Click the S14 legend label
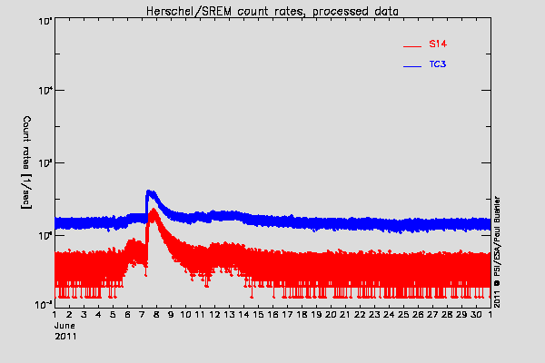tap(437, 44)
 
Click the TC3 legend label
tap(437, 65)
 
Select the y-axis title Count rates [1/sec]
tap(28, 164)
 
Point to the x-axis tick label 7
tap(143, 315)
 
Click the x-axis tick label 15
tap(258, 315)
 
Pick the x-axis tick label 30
tap(476, 315)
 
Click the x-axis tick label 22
tap(360, 315)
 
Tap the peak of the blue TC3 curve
tap(150, 191)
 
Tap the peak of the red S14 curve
tap(154, 210)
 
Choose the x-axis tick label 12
tap(214, 315)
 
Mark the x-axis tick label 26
tap(418, 315)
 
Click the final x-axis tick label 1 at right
tap(490, 315)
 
